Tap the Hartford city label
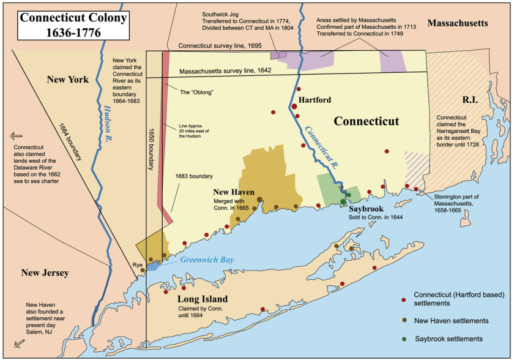(315, 100)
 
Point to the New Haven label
(233, 192)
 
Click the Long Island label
(202, 299)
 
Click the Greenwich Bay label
(207, 260)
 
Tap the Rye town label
(137, 265)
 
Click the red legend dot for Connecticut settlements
(403, 299)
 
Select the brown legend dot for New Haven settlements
(403, 320)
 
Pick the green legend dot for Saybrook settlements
(403, 339)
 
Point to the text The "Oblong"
(193, 92)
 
